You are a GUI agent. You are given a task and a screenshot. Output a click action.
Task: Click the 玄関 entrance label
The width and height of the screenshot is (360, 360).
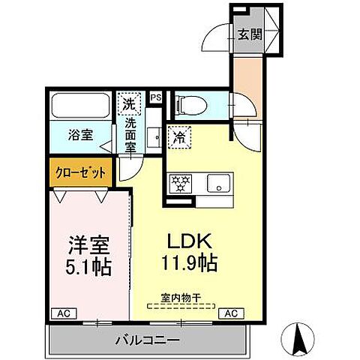[x=250, y=34]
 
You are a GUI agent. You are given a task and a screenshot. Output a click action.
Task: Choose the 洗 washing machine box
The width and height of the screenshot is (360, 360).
[x=129, y=102]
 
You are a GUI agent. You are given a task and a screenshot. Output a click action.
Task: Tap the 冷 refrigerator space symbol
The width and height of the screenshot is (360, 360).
[x=180, y=137]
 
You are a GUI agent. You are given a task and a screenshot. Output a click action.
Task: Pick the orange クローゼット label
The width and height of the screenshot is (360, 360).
[x=80, y=172]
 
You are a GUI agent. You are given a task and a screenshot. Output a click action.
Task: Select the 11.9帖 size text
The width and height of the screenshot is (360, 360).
[x=190, y=265]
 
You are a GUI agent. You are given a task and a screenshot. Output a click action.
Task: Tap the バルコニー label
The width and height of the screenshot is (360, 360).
[x=146, y=340]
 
